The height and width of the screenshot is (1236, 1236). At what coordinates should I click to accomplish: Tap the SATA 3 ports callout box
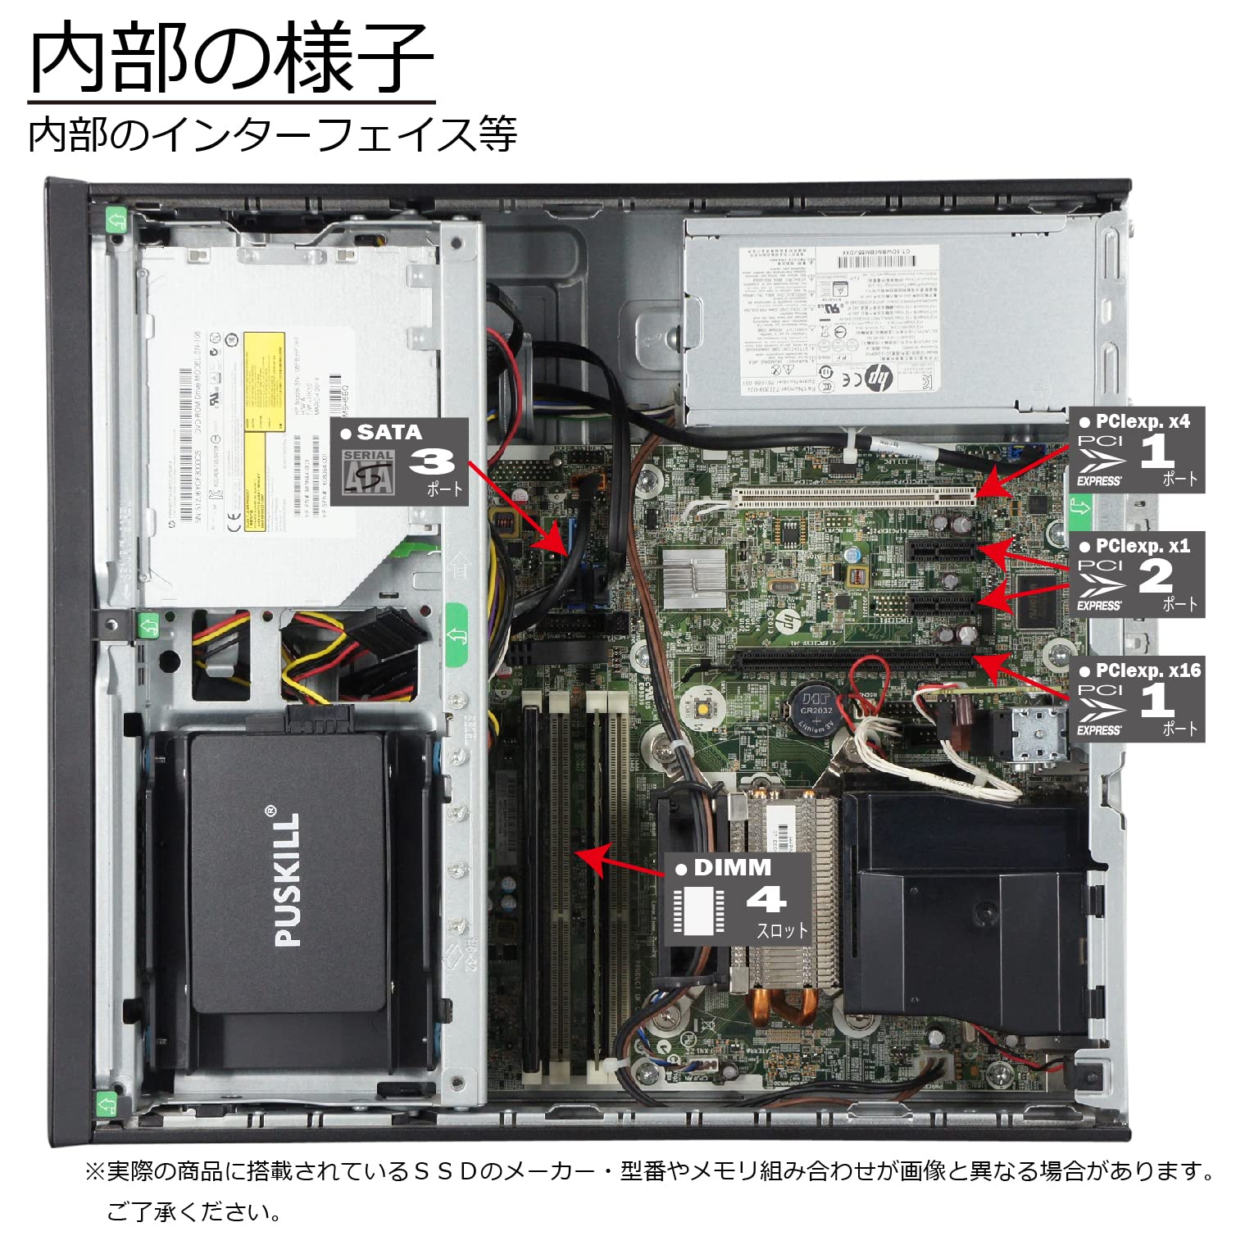(x=400, y=461)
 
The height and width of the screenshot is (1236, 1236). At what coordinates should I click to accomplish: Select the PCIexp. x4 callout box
(x=1136, y=450)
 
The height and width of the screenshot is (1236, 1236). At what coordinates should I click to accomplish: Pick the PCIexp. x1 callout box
(x=1136, y=575)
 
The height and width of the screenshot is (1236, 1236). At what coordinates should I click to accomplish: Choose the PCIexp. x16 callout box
(x=1136, y=699)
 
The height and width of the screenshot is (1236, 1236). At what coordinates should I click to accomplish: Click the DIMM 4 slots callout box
(x=738, y=900)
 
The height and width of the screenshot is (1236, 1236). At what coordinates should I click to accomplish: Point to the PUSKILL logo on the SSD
(x=287, y=879)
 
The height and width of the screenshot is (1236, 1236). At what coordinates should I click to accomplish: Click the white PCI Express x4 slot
(x=852, y=494)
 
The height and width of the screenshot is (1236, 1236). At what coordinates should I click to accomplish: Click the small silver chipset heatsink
(x=693, y=569)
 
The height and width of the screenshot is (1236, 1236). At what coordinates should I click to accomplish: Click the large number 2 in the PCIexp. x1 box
(x=1156, y=576)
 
